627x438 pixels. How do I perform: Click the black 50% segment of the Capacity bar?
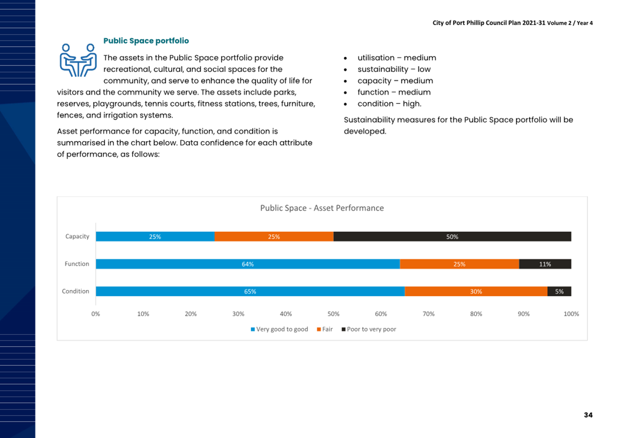point(452,236)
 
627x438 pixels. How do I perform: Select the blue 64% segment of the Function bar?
point(248,264)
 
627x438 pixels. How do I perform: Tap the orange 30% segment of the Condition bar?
point(476,291)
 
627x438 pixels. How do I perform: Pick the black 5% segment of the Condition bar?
point(559,291)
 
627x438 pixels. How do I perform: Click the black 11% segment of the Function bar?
point(545,264)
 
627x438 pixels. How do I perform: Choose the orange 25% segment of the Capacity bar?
point(274,236)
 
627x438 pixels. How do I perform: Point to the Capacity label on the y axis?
point(77,236)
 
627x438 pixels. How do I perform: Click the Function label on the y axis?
point(77,264)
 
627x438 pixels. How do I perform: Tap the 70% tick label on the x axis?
point(429,314)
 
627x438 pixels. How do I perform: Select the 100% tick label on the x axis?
point(571,314)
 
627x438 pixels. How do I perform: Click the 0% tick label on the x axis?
point(96,314)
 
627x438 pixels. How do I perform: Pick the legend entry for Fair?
point(325,330)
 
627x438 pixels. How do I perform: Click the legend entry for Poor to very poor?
point(369,330)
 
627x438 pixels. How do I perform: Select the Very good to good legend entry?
point(279,330)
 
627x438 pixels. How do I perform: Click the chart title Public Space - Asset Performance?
point(322,208)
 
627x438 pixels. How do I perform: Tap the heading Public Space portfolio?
point(146,41)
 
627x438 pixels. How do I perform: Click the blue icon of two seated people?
point(78,60)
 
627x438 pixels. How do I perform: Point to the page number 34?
point(588,415)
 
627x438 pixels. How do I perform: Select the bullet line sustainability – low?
point(394,69)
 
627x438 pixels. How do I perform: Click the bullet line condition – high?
point(389,104)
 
